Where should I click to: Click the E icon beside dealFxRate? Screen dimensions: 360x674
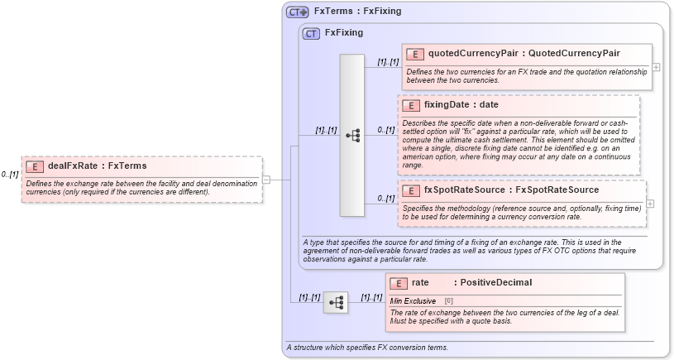35,166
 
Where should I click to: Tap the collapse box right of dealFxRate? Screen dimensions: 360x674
266,179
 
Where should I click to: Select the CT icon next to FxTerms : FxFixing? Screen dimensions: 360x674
297,12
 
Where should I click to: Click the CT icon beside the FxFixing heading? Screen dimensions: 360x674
311,34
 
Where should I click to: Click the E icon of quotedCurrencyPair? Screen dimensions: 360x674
414,54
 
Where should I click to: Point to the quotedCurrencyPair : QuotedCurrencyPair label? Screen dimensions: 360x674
523,54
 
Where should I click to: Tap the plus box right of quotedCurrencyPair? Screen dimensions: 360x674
656,66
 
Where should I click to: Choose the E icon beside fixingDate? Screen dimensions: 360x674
410,105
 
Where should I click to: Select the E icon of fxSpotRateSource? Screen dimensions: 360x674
410,190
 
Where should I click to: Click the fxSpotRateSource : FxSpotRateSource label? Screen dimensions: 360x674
511,190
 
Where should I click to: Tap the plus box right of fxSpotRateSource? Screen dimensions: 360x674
649,204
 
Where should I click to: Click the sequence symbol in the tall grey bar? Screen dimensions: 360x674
352,136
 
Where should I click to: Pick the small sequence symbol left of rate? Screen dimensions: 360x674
336,303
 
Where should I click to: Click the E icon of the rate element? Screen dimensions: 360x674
398,283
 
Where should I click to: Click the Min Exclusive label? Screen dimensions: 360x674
413,300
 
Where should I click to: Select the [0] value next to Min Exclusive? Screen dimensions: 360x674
449,300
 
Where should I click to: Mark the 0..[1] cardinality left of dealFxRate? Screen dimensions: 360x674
10,175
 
